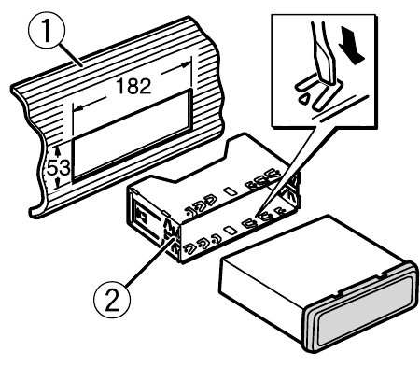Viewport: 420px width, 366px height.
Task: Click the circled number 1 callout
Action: click(47, 30)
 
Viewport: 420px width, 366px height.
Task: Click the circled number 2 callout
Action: click(112, 300)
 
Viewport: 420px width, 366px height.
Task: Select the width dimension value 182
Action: click(133, 86)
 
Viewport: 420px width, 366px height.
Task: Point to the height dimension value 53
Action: click(58, 168)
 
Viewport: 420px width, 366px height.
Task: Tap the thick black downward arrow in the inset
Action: click(352, 45)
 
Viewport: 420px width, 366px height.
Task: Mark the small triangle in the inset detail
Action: click(304, 99)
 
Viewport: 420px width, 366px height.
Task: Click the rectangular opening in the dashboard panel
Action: click(132, 135)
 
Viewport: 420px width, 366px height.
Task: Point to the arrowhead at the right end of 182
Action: click(186, 65)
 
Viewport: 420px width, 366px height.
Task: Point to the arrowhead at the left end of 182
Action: click(78, 108)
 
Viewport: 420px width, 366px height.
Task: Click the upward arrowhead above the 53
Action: click(57, 151)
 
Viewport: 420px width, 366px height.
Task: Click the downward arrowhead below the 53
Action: click(58, 184)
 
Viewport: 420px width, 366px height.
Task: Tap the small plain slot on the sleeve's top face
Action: click(231, 191)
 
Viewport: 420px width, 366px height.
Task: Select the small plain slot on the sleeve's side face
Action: click(231, 231)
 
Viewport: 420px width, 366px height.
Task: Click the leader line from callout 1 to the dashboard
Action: click(71, 55)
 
